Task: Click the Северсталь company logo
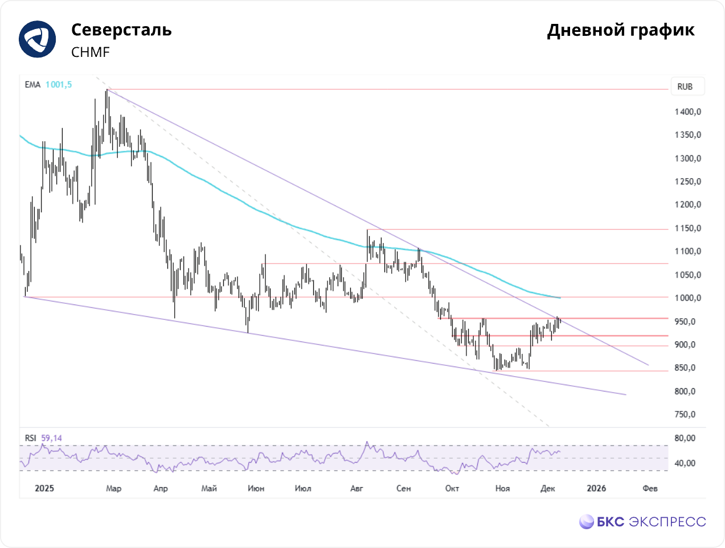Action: tap(38, 39)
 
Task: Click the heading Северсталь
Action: tap(121, 30)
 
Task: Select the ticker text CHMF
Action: tap(91, 52)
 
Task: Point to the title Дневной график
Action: tap(620, 30)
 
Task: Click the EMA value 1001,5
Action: tap(59, 85)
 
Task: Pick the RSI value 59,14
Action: tap(51, 438)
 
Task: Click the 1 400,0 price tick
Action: tap(687, 112)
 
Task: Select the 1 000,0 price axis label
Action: tap(687, 298)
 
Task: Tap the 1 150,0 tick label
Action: tap(687, 228)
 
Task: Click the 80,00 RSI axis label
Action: tap(685, 438)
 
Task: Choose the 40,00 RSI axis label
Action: tap(685, 463)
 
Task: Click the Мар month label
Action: tap(114, 488)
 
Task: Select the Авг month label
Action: tap(357, 488)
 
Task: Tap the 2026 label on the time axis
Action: tap(596, 488)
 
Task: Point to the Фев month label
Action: tap(650, 488)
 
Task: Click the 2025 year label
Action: tap(44, 488)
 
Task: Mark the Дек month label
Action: tap(547, 488)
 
